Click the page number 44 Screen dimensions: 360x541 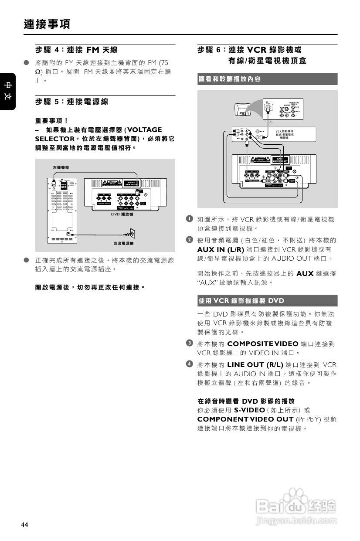(x=24, y=524)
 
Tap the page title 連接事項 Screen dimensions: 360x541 (x=47, y=24)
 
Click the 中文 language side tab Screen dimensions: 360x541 (x=8, y=90)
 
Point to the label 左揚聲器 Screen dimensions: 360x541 (x=61, y=167)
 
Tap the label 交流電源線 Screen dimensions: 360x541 (x=123, y=243)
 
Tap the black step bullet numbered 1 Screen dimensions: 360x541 (x=189, y=218)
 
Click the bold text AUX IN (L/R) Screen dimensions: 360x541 (x=221, y=249)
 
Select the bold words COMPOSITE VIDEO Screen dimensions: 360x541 (x=263, y=344)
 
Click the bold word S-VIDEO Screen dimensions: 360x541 (x=249, y=410)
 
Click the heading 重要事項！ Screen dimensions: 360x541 (x=51, y=120)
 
